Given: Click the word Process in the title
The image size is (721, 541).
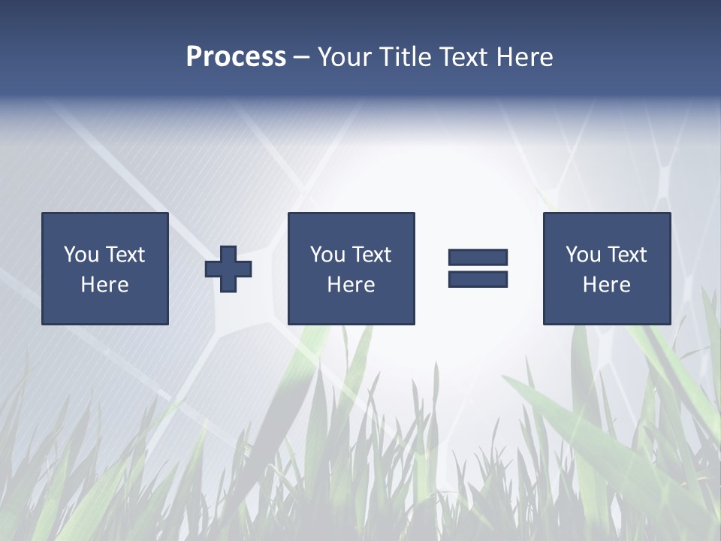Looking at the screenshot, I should pyautogui.click(x=236, y=57).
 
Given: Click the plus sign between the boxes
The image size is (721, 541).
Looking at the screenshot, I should pyautogui.click(x=228, y=268).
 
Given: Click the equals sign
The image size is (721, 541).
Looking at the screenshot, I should pyautogui.click(x=478, y=268).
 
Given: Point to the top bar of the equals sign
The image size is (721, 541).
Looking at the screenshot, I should pyautogui.click(x=478, y=258).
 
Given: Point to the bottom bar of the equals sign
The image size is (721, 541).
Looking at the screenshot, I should pyautogui.click(x=478, y=279).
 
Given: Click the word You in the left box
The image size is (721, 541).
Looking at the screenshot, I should pyautogui.click(x=81, y=255).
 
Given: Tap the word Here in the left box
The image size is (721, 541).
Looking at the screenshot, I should pyautogui.click(x=104, y=285).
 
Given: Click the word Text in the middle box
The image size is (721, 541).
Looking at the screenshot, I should pyautogui.click(x=371, y=255).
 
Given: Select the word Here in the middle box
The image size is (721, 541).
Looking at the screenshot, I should pyautogui.click(x=351, y=285).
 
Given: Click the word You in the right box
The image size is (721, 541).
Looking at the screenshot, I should pyautogui.click(x=583, y=255).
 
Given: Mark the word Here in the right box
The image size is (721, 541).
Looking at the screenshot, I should pyautogui.click(x=606, y=285).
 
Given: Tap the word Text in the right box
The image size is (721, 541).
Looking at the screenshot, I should pyautogui.click(x=626, y=255).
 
